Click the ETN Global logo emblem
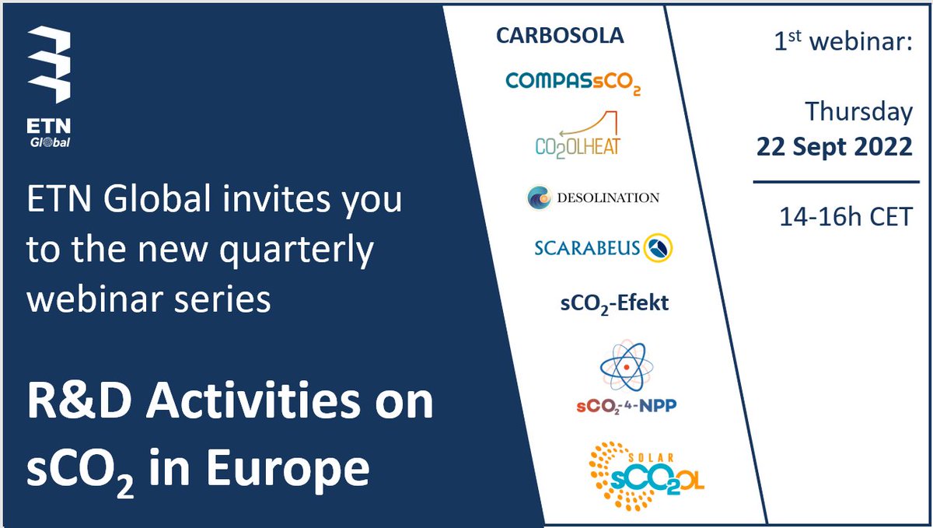pyautogui.click(x=48, y=67)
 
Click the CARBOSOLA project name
pyautogui.click(x=560, y=36)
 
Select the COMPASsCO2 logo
pyautogui.click(x=572, y=81)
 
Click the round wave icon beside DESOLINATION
pyautogui.click(x=539, y=198)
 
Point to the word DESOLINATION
pyautogui.click(x=607, y=198)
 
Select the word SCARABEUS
pyautogui.click(x=587, y=249)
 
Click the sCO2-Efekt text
pyautogui.click(x=614, y=303)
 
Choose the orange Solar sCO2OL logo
pyautogui.click(x=645, y=475)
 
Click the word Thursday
pyautogui.click(x=858, y=112)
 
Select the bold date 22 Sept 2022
pyautogui.click(x=834, y=147)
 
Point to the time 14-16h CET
pyautogui.click(x=846, y=216)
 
